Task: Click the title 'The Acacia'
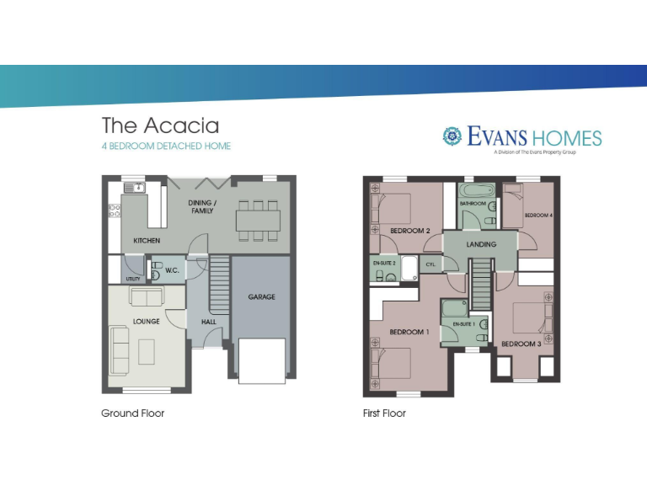click(x=160, y=125)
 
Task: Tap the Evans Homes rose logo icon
click(x=452, y=136)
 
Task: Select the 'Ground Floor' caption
click(x=132, y=413)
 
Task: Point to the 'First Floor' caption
click(x=384, y=413)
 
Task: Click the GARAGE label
click(x=261, y=296)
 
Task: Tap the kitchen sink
click(x=133, y=188)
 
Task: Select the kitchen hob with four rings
click(x=114, y=211)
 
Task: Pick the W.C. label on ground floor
click(x=171, y=270)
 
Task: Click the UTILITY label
click(x=133, y=278)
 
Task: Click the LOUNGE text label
click(x=146, y=322)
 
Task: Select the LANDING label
click(x=481, y=244)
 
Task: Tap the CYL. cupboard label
click(x=430, y=264)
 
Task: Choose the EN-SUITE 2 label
click(x=384, y=263)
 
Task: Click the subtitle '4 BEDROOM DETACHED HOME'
click(x=166, y=147)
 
